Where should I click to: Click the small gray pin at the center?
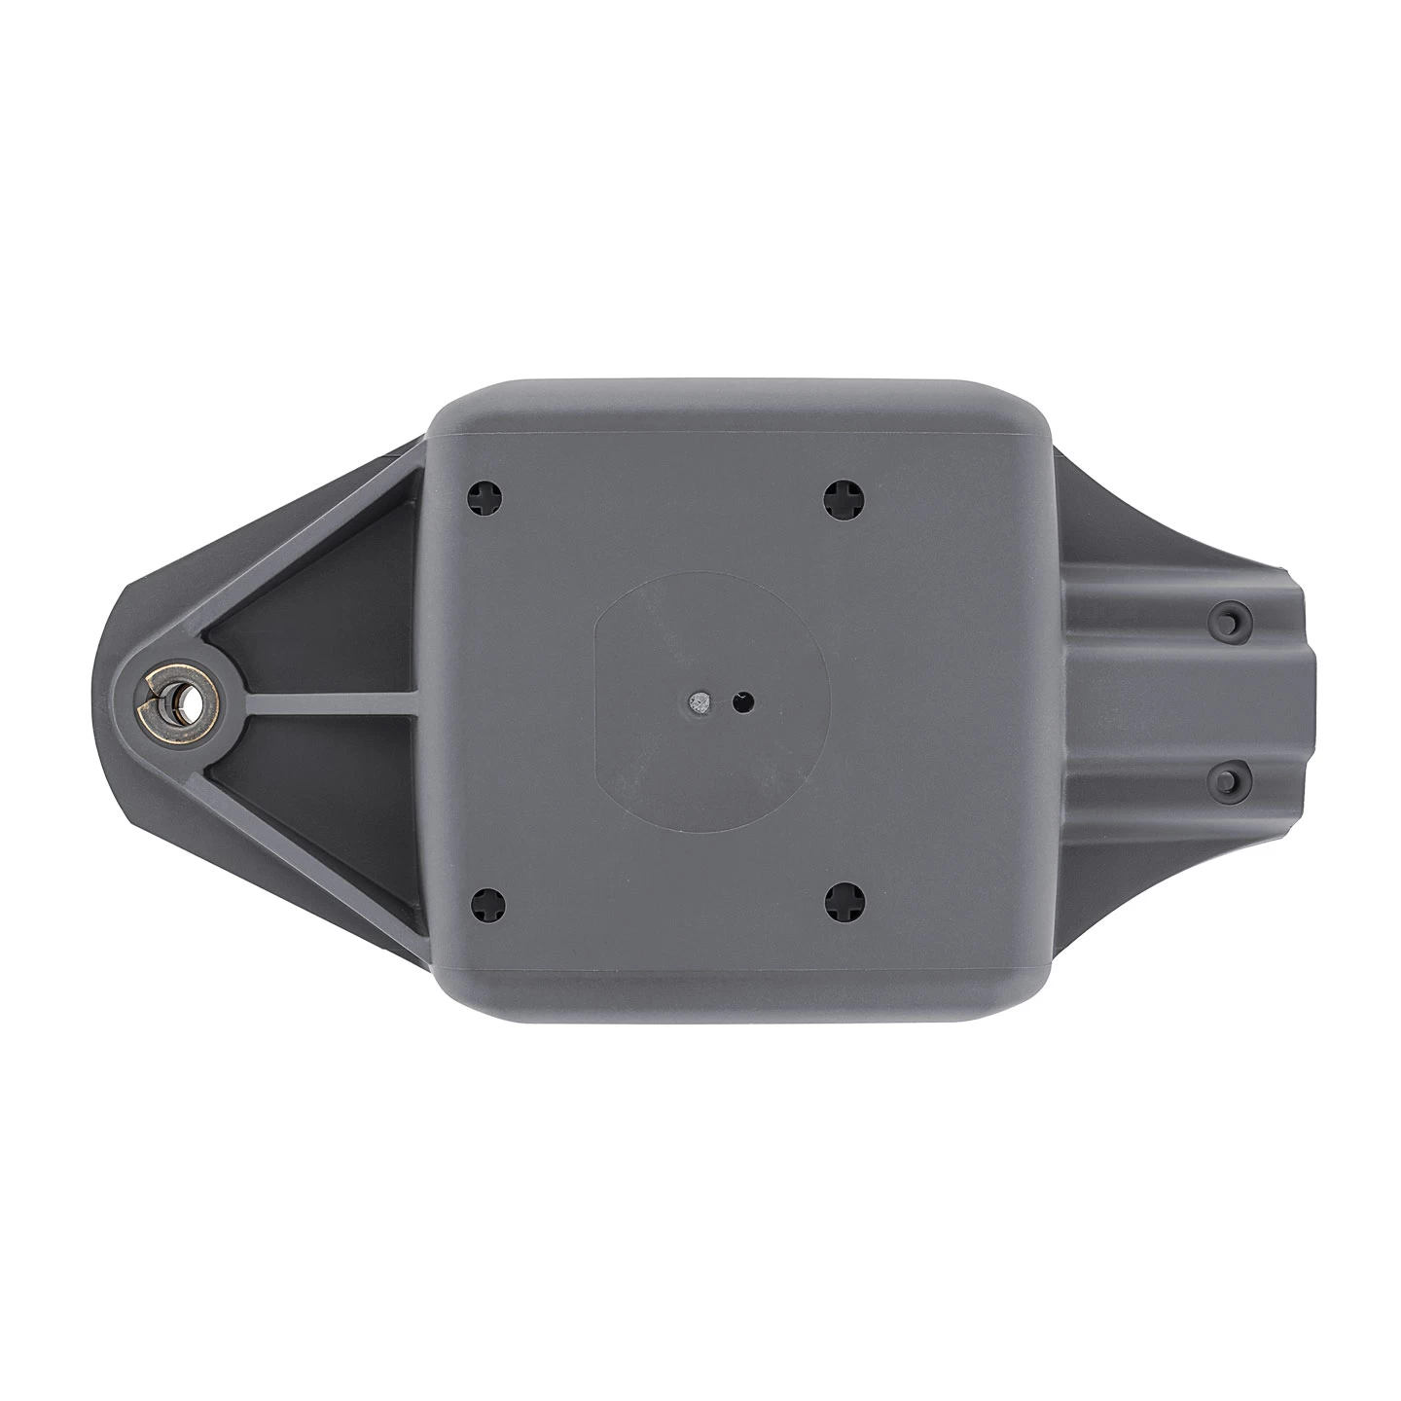click(697, 700)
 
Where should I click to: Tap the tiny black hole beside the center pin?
click(744, 700)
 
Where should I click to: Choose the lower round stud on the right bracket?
click(1229, 779)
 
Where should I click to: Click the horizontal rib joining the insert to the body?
click(321, 700)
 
